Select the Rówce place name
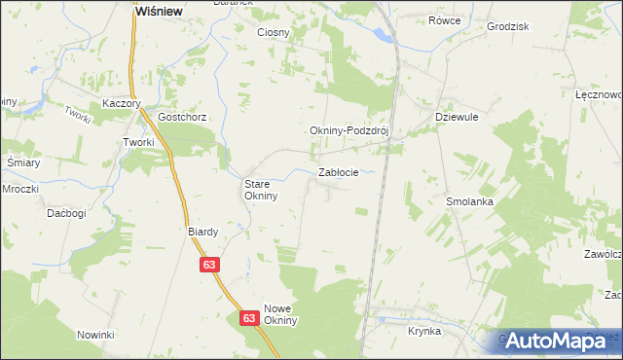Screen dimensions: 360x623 coord(445,20)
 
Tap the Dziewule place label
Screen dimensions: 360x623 coord(454,116)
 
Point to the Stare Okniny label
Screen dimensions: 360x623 coord(261,189)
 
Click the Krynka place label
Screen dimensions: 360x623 coord(425,331)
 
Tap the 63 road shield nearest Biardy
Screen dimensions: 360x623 coord(209,264)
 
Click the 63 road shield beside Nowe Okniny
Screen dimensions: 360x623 coord(248,318)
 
